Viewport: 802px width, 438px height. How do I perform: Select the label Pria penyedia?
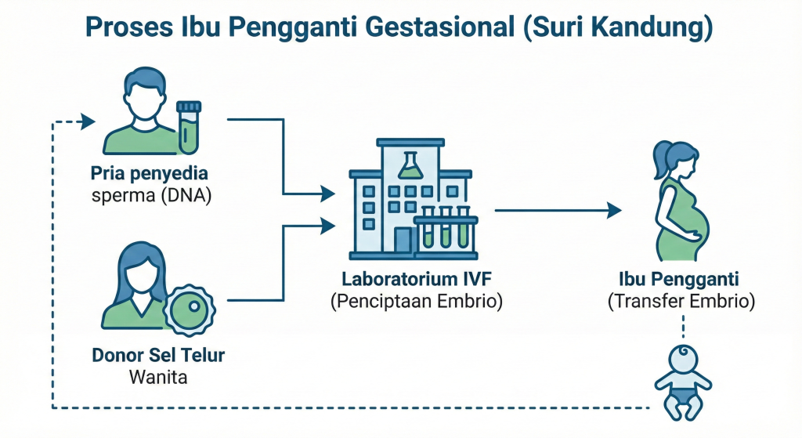(149, 173)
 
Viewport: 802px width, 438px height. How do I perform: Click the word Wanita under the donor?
(158, 377)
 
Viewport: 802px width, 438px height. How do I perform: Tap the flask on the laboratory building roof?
(408, 163)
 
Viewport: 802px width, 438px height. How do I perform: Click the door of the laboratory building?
(403, 240)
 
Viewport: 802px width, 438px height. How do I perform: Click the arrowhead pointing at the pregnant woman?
(614, 210)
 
